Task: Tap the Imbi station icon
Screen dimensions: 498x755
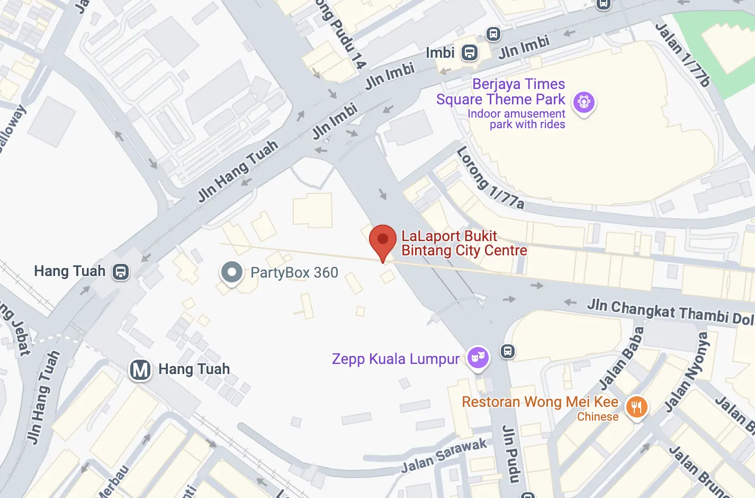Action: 470,52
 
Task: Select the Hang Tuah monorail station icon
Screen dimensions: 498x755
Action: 121,272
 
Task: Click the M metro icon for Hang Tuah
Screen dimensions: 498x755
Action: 140,369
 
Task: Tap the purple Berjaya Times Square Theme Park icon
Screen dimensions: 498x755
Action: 584,101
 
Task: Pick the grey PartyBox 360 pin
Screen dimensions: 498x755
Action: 231,272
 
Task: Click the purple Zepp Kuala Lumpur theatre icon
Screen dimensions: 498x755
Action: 478,358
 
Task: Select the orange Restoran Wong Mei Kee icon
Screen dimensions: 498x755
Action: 636,407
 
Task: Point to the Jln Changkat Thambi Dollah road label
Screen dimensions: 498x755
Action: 670,312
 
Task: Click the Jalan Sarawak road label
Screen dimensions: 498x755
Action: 444,455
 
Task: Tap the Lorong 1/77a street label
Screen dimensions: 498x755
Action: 489,178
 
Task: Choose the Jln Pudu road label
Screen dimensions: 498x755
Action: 511,453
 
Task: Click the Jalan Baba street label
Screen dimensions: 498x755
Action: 622,358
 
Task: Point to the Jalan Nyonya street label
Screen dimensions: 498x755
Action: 687,371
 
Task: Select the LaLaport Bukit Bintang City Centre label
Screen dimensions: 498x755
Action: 464,243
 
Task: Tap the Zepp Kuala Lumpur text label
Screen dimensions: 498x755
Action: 396,359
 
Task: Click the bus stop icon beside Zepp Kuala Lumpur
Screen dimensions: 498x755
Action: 508,351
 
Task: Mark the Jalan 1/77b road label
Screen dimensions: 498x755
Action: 682,55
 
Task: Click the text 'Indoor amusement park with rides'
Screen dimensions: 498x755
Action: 516,119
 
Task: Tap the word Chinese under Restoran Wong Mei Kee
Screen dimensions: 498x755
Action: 598,417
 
